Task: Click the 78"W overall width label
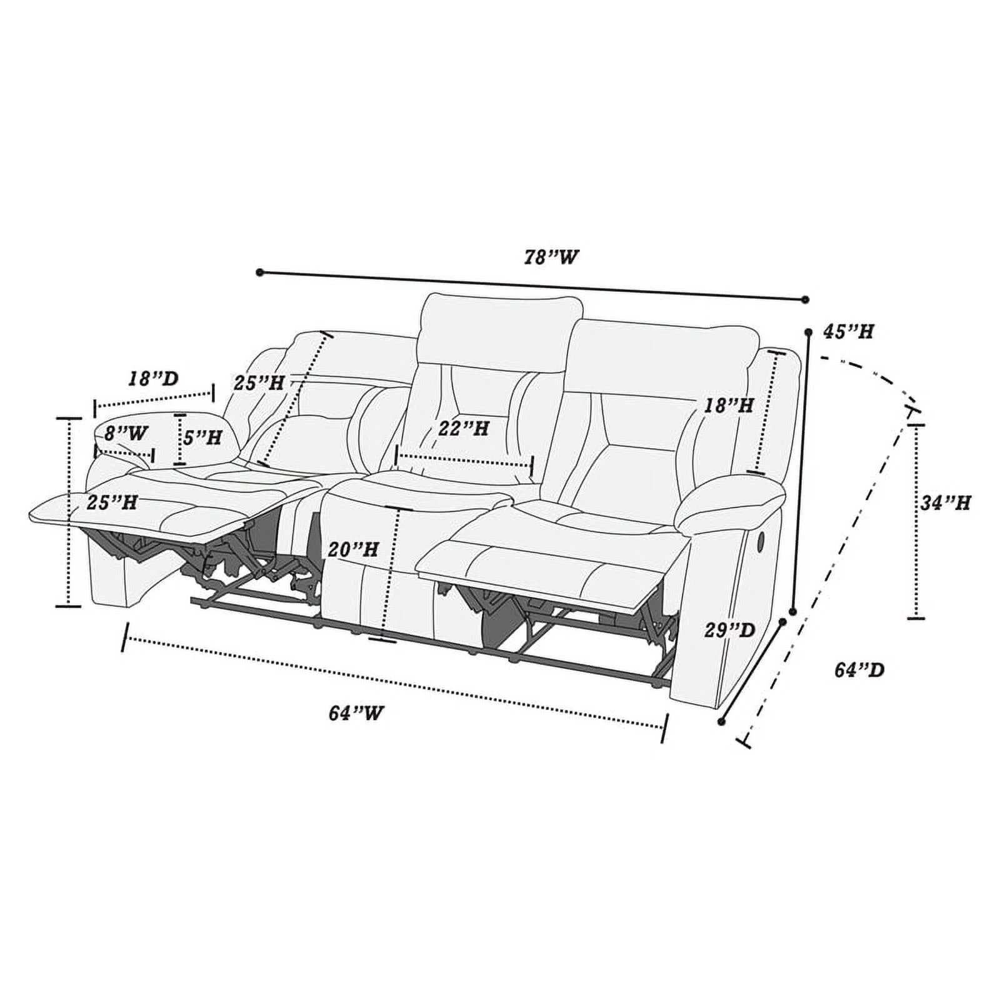(x=551, y=257)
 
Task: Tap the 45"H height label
(x=847, y=331)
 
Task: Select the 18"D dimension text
(x=154, y=378)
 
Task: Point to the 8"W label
(x=126, y=432)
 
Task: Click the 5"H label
(x=202, y=437)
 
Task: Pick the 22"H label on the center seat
(x=463, y=429)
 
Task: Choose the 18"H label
(x=729, y=405)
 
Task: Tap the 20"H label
(x=353, y=549)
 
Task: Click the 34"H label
(x=945, y=502)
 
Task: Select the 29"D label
(x=730, y=630)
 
